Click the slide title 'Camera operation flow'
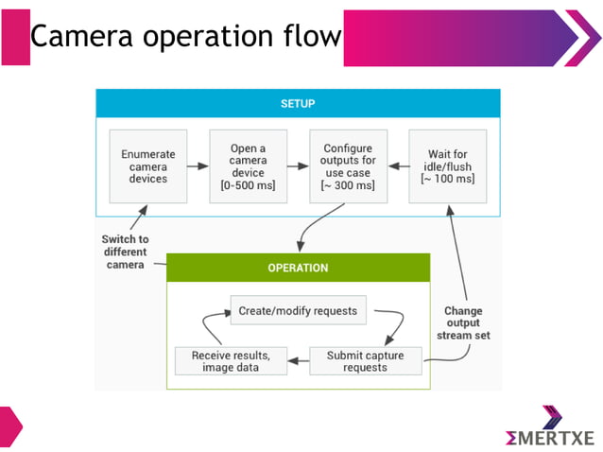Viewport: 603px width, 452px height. pyautogui.click(x=185, y=36)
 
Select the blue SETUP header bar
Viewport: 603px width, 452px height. pyautogui.click(x=298, y=103)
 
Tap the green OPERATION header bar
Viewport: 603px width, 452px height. pyautogui.click(x=298, y=268)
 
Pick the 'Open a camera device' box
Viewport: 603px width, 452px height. pyautogui.click(x=248, y=166)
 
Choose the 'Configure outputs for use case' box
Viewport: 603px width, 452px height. pyautogui.click(x=348, y=166)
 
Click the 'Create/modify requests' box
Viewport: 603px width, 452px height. pyautogui.click(x=299, y=310)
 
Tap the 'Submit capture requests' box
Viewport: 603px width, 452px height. pyautogui.click(x=366, y=361)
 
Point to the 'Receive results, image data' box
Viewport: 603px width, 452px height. pyautogui.click(x=231, y=361)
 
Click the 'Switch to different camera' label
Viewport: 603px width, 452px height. pyautogui.click(x=125, y=252)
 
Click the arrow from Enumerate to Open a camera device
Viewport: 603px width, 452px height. pyautogui.click(x=197, y=167)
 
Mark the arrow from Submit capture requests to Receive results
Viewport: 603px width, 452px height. pyautogui.click(x=298, y=361)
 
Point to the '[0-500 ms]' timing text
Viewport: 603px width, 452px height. pyautogui.click(x=248, y=184)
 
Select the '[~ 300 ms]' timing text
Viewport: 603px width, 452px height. pyautogui.click(x=348, y=184)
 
